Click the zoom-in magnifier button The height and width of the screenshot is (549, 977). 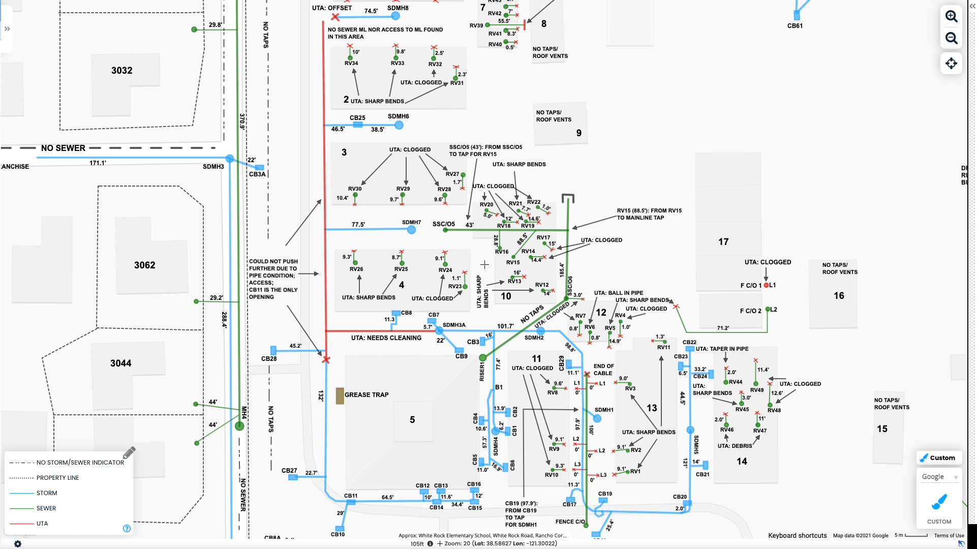coord(951,16)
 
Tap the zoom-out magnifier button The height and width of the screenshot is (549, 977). coord(951,39)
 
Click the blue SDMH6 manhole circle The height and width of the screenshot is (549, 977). coord(399,125)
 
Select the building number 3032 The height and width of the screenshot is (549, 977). coord(122,71)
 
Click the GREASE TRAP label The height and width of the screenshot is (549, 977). coord(367,394)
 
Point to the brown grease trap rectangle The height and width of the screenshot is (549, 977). coord(340,395)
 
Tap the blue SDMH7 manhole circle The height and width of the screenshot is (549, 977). coord(411,230)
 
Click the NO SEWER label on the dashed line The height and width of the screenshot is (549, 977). coord(63,148)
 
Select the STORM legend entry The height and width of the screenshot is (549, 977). coord(47,493)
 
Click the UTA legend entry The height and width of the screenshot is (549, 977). coord(42,524)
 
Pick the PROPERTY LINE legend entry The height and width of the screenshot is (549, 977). coord(57,478)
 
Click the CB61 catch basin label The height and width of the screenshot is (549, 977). coord(795,26)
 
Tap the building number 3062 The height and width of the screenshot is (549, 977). coord(145,265)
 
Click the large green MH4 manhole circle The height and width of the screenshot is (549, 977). coord(239,426)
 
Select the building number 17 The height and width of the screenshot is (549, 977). coord(723,242)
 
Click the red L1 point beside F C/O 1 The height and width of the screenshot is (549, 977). coord(766,285)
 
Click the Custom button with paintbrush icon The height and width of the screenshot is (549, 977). coord(939,457)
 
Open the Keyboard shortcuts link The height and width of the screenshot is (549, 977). coord(797,535)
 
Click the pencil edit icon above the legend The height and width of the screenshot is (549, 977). coord(129,452)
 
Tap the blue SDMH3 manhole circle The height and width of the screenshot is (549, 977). coord(230,159)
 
